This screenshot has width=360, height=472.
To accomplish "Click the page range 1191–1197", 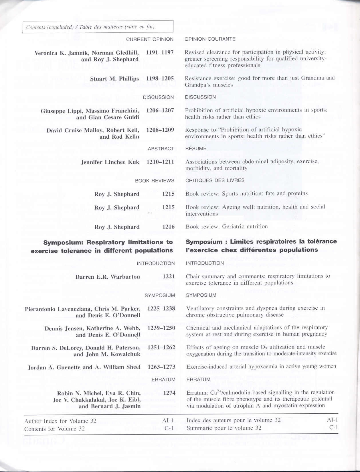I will (x=160, y=52).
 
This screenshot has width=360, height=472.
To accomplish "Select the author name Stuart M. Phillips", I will (x=114, y=79).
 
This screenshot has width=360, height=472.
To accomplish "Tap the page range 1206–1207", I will (x=160, y=110).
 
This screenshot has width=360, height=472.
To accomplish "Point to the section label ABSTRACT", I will (x=161, y=149).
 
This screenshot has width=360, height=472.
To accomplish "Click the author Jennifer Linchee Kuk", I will (x=110, y=162).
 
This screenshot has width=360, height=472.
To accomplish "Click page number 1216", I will (x=168, y=227).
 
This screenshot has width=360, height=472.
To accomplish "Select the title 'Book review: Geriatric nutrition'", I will (x=227, y=227).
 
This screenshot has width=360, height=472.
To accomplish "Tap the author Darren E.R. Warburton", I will (x=108, y=277).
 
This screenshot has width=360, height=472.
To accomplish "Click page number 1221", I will (x=169, y=277).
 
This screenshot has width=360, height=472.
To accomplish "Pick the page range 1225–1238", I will (x=161, y=308).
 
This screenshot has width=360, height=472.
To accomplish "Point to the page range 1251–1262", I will (x=161, y=347).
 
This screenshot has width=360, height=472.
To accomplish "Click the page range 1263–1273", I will (x=161, y=367).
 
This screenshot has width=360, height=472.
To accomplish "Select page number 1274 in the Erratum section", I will (x=169, y=393).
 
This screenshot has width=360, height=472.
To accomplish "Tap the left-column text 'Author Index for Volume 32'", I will (x=60, y=421).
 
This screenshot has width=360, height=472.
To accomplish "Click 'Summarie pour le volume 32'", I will (x=224, y=428).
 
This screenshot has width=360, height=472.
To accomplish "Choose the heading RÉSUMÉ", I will (x=196, y=148).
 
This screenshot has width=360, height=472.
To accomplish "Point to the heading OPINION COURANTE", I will (x=210, y=39).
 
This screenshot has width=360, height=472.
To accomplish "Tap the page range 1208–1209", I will (x=160, y=130).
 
